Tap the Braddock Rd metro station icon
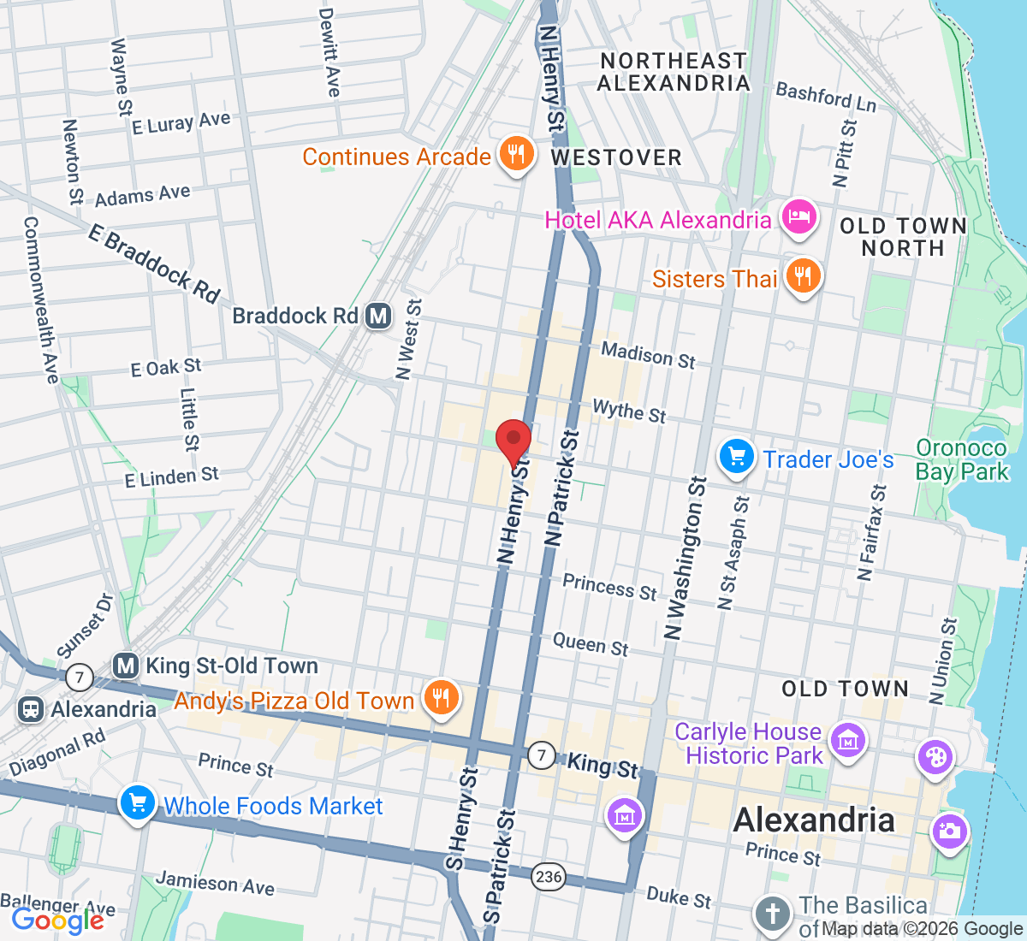tap(378, 316)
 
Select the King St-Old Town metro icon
tap(126, 666)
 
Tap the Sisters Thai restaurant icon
tap(802, 276)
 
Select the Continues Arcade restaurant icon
tap(515, 154)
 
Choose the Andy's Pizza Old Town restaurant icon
tap(441, 698)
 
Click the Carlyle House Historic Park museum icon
tap(848, 740)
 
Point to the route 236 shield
tap(548, 876)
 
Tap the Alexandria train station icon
tap(32, 709)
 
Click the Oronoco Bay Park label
tap(962, 460)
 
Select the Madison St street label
tap(648, 355)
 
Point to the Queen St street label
tap(591, 644)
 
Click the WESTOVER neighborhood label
tap(616, 158)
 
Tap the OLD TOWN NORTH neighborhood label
tap(903, 237)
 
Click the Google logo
tap(57, 920)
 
